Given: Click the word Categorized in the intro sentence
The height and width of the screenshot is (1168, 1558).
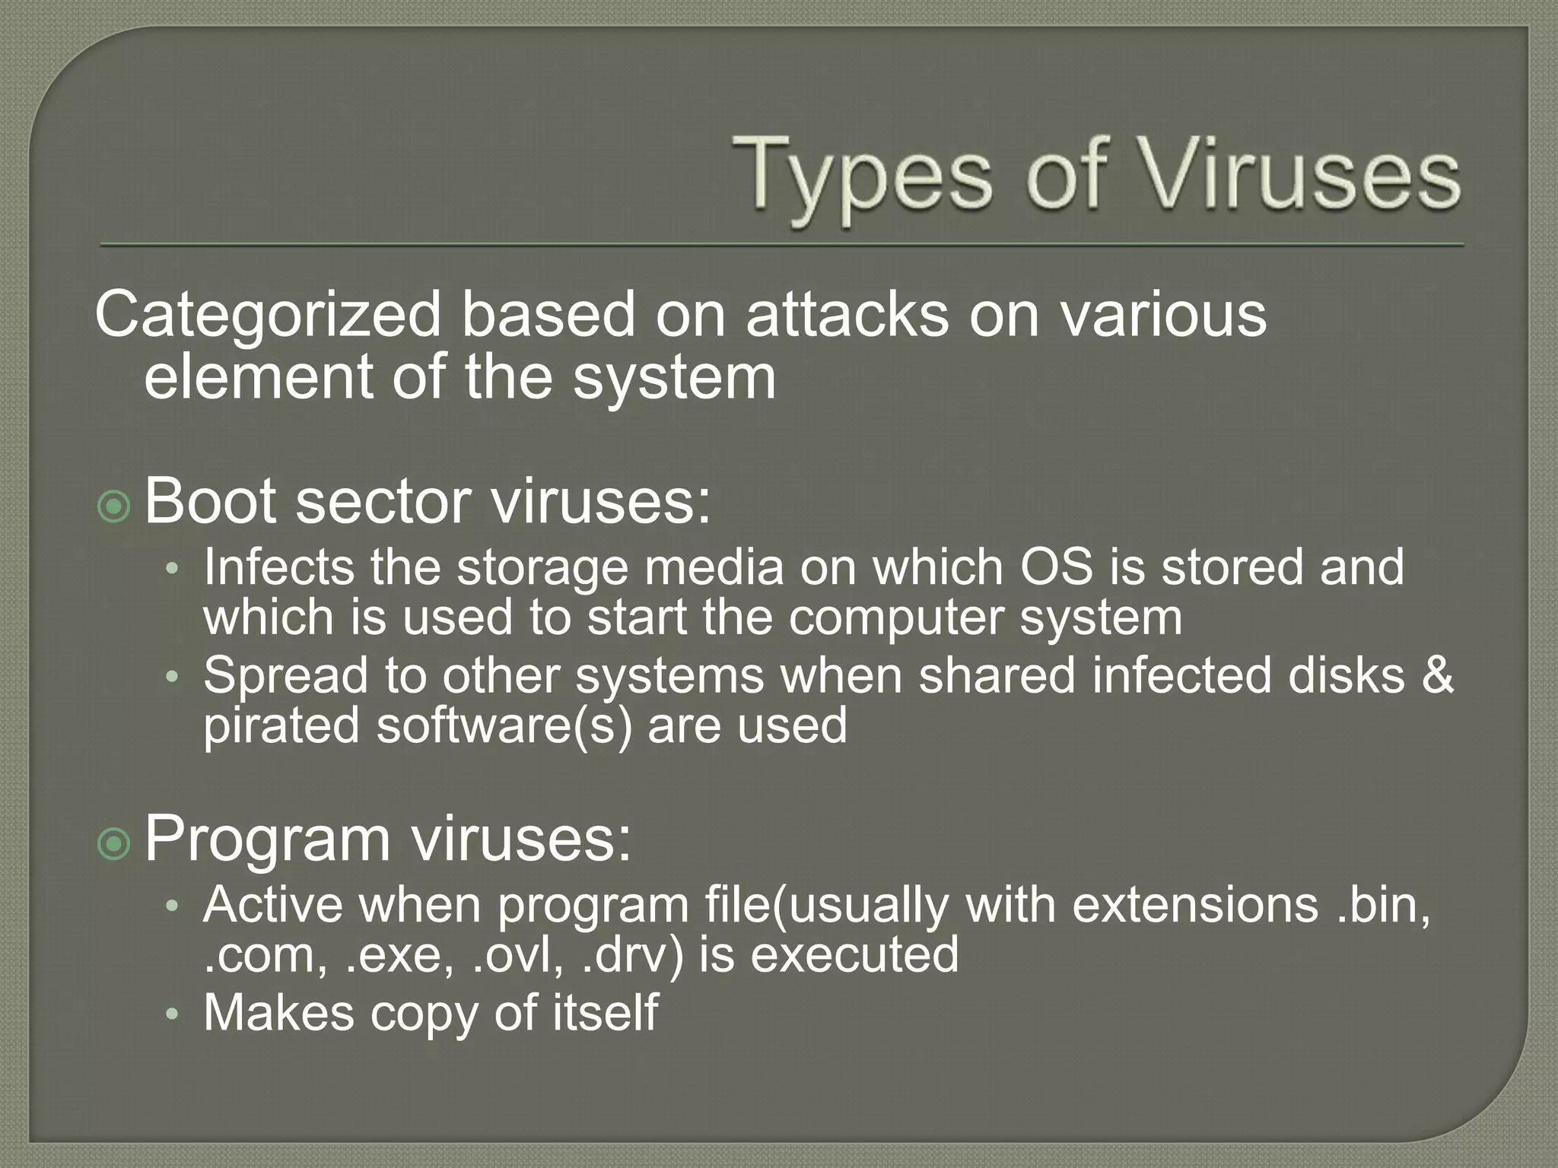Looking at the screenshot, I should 268,316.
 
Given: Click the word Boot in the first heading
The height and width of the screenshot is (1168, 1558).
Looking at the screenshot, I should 209,501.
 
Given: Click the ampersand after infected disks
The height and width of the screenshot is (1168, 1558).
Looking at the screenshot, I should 1436,675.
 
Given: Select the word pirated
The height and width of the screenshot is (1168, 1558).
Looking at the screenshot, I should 281,725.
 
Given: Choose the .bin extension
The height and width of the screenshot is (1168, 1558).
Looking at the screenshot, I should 1382,905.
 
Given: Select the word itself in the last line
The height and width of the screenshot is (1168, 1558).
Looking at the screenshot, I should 604,1013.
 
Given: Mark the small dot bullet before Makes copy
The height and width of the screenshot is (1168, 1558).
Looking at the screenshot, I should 173,1014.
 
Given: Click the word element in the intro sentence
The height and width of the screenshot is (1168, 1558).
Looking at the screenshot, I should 258,377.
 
